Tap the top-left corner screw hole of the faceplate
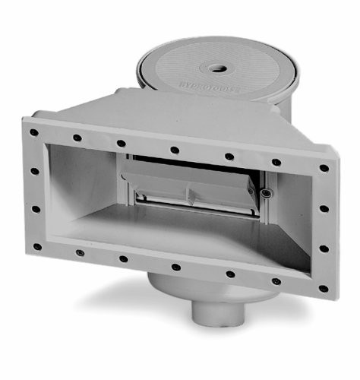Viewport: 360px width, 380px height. point(34,131)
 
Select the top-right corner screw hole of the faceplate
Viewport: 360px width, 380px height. point(324,168)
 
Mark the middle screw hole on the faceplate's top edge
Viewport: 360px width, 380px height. point(174,149)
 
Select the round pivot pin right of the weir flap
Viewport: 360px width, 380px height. point(266,195)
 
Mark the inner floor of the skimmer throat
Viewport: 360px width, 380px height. point(190,232)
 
